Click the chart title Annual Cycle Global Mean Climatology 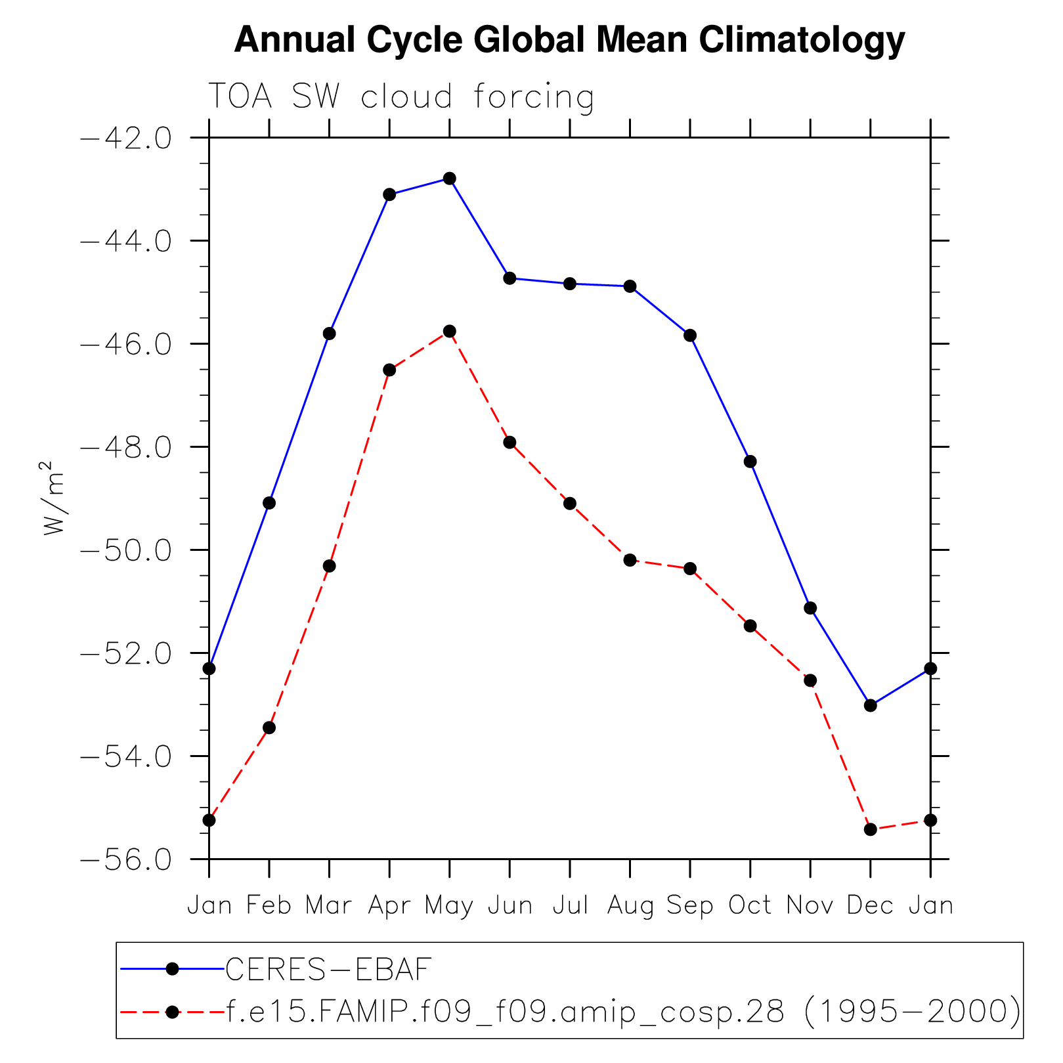coord(569,41)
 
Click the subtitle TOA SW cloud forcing coord(401,97)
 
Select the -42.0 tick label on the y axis coord(125,139)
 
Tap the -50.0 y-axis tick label coord(125,550)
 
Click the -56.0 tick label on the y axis coord(125,859)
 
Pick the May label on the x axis coord(449,906)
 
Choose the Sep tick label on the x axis coord(690,906)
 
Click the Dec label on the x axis coord(870,906)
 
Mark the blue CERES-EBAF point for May coord(450,179)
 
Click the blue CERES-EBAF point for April coord(389,194)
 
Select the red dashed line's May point coord(450,331)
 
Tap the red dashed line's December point coord(871,829)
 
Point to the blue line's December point coord(871,705)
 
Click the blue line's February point coord(269,503)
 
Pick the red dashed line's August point coord(630,560)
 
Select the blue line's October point coord(750,462)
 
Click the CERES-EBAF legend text coord(329,969)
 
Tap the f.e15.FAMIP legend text coord(623,1012)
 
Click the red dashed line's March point coord(330,566)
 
